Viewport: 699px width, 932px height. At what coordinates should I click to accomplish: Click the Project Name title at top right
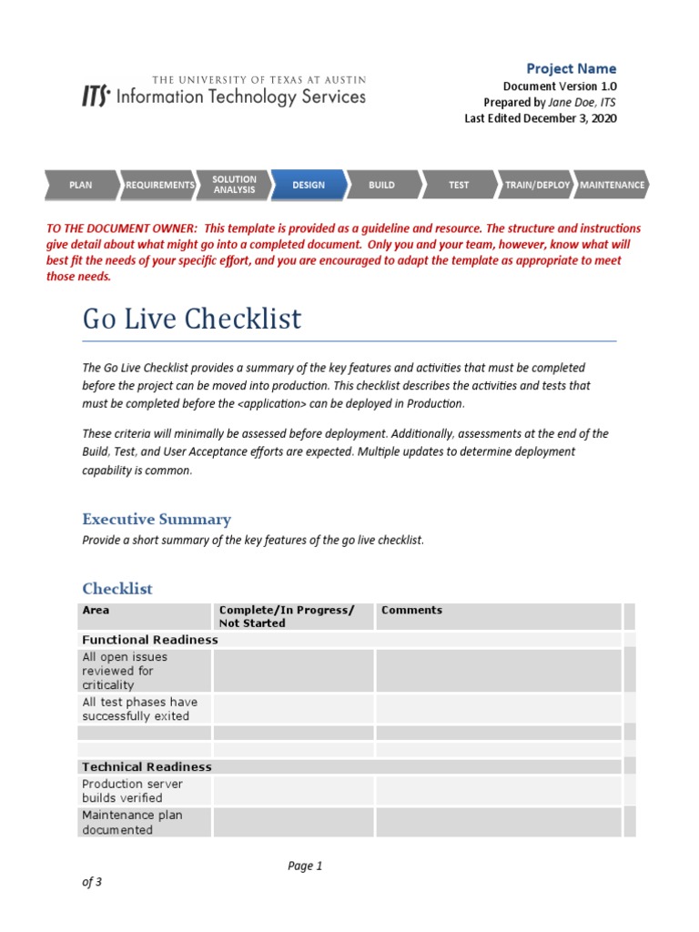pos(572,69)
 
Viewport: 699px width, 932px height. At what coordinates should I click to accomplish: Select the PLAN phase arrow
pos(82,185)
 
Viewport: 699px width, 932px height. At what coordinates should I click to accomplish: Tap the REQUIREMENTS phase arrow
pos(159,185)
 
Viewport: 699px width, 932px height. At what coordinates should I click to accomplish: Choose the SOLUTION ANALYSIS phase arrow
pos(234,185)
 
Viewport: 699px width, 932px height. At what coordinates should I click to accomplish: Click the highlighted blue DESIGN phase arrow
pos(309,185)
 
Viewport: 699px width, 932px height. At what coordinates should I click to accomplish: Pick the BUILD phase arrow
pos(382,185)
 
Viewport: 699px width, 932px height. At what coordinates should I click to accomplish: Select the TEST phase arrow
pos(459,185)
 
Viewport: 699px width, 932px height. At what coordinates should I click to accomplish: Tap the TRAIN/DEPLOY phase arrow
pos(537,185)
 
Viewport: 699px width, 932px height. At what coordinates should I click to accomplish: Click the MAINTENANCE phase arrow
pos(612,185)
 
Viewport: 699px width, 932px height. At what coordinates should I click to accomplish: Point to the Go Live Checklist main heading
pos(192,319)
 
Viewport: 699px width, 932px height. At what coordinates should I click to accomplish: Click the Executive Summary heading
pos(157,520)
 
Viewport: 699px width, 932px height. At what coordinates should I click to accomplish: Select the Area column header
pos(96,611)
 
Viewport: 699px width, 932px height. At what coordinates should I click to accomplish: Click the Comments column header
pos(411,611)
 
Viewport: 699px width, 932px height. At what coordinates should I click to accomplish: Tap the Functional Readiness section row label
pos(150,640)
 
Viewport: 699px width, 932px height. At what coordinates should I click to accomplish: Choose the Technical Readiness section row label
pos(147,767)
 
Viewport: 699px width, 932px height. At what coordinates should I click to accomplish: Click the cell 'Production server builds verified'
pos(133,791)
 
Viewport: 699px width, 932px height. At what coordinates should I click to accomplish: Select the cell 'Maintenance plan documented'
pos(133,823)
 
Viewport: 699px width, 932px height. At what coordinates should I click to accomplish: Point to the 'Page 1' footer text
pos(305,866)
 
